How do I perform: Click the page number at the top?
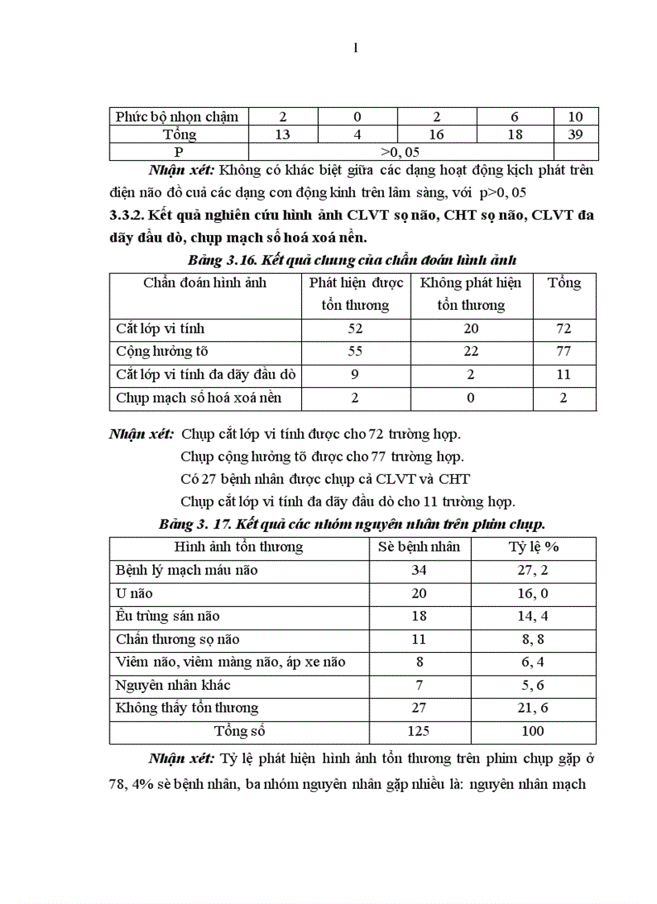355,47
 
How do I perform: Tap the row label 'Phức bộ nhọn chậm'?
177,117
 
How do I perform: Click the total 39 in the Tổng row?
575,134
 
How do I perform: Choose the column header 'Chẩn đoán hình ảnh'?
205,283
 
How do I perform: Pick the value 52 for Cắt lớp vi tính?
354,328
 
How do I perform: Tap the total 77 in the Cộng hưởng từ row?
564,351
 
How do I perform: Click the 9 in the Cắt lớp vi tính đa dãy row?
354,374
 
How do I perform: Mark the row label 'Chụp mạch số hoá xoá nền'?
198,398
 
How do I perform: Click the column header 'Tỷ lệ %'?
531,547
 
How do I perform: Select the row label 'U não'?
134,593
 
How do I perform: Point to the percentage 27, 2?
532,570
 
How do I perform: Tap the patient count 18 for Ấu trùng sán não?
419,616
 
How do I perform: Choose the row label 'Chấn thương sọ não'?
177,639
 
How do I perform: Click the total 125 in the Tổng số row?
419,731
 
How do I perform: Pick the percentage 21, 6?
532,708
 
